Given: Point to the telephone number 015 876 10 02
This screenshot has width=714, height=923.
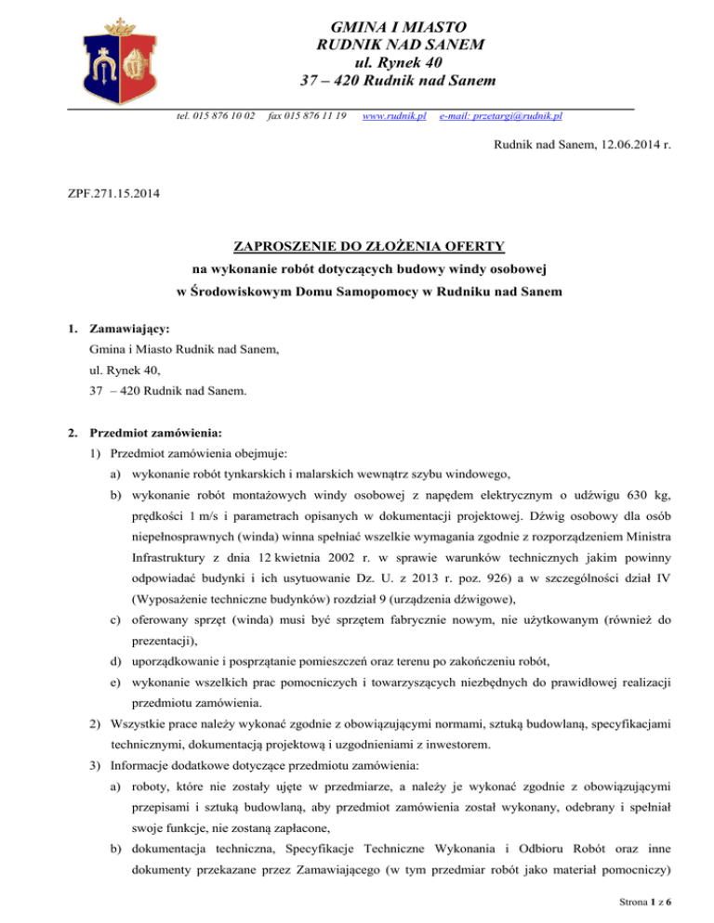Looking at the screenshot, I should tap(217, 115).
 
